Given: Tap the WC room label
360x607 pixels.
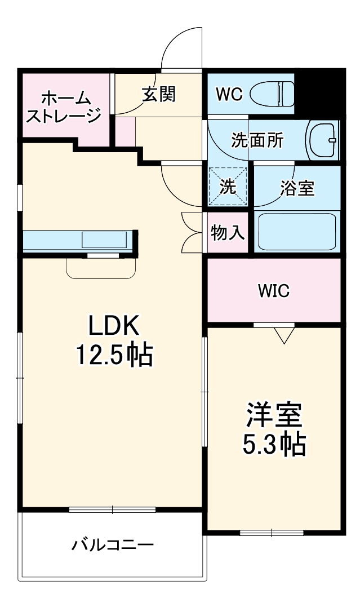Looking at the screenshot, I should pos(229,95).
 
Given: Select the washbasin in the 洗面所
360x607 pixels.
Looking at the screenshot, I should pos(322,140).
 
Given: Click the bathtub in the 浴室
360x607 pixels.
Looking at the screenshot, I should pos(296,231).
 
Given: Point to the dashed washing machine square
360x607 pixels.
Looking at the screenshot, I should pos(228,187).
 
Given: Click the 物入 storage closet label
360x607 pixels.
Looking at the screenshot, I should pos(227,232).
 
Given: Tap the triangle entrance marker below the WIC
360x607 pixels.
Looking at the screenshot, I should pos(285,335).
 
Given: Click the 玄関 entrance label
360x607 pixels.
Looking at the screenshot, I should pos(158,94).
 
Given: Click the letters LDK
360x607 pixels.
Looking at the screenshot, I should pos(113,326).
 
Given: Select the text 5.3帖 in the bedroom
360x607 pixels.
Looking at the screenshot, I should pos(274,445).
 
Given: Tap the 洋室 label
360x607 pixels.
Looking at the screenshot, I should pos(274,415).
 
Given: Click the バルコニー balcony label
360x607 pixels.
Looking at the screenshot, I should pos(112,545).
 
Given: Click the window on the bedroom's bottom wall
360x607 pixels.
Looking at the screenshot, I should pos(272,533).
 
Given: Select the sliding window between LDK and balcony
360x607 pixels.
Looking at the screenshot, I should pos(112,509).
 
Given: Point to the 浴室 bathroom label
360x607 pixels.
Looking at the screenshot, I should pos(297,188).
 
